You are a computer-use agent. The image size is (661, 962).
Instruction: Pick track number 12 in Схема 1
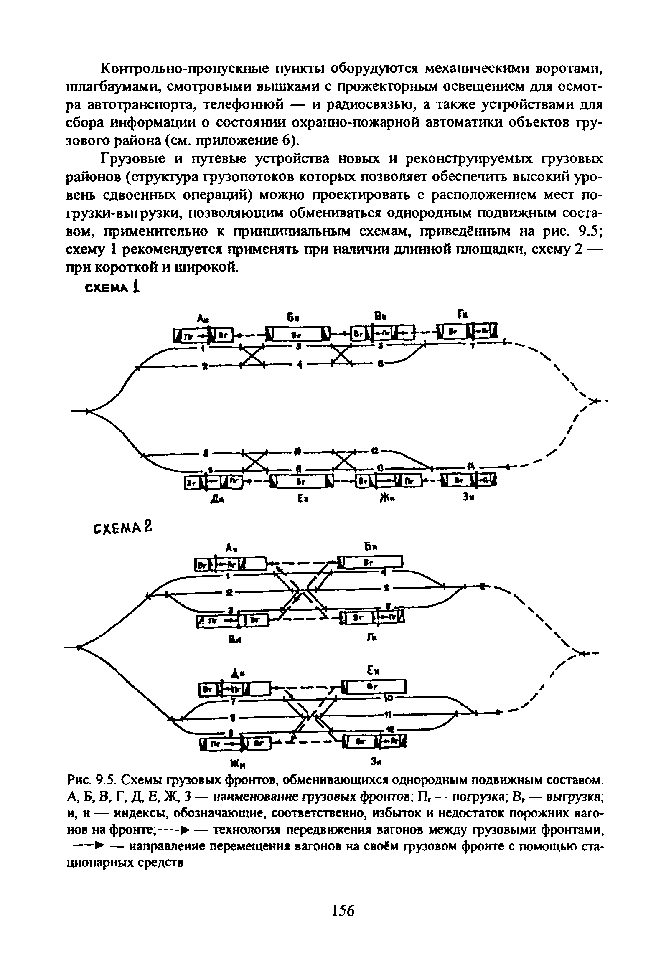coord(375,452)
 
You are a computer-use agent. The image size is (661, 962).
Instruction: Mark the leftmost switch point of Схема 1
coord(86,411)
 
